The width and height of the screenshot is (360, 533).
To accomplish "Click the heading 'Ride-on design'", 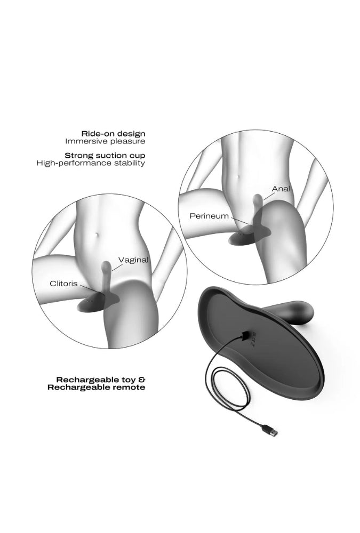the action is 113,134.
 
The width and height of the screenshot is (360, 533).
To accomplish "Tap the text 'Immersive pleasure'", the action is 105,141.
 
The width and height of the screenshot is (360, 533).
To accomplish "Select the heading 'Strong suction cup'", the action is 105,156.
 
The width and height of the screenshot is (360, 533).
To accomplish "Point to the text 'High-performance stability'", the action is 91,163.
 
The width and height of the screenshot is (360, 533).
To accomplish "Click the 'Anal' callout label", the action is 281,188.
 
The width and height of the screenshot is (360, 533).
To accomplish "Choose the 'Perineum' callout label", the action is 209,216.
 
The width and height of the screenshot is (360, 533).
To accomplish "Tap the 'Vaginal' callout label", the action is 133,260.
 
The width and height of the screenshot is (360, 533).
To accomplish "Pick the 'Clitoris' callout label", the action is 63,284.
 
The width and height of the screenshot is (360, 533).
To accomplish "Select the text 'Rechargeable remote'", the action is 97,387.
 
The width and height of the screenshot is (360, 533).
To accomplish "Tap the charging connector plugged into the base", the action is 245,337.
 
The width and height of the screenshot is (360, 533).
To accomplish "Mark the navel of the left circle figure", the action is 97,235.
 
